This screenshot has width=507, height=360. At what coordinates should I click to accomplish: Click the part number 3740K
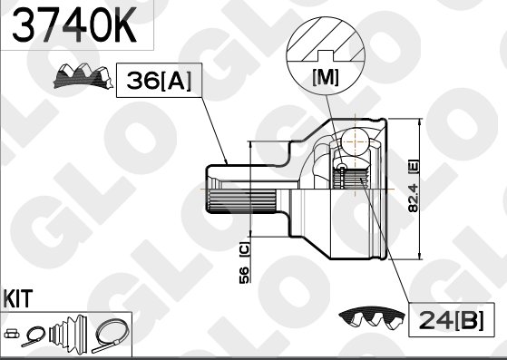[x=73, y=24]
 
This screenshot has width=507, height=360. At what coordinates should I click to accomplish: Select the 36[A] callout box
[x=159, y=80]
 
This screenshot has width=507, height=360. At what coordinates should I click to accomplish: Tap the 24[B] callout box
[x=452, y=319]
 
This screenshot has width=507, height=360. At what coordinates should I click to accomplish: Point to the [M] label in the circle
[x=326, y=78]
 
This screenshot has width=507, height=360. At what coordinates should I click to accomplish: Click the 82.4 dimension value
[x=414, y=198]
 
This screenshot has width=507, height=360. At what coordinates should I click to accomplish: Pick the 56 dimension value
[x=244, y=275]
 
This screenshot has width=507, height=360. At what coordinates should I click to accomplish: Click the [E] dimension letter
[x=414, y=167]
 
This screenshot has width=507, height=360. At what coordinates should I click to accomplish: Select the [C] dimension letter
[x=245, y=249]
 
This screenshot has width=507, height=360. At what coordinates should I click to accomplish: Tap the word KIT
[x=18, y=298]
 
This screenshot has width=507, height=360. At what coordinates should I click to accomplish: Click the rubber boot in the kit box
[x=68, y=334]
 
